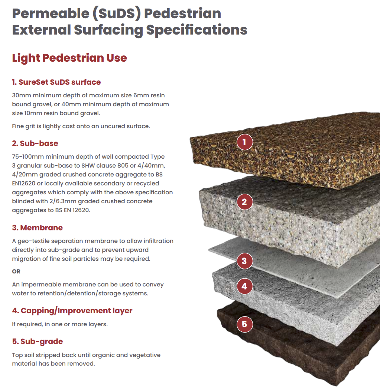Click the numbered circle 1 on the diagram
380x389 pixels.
[x=244, y=142]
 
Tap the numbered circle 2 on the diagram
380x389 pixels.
[x=244, y=202]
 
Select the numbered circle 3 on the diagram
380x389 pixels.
[x=244, y=261]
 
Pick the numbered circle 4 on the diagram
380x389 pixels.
[x=244, y=286]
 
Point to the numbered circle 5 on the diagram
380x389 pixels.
[x=244, y=324]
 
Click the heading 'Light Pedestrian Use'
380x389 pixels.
[x=69, y=58]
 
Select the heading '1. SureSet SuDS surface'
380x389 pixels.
[x=56, y=82]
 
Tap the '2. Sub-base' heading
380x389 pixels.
[x=35, y=143]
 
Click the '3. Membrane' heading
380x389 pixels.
[x=37, y=228]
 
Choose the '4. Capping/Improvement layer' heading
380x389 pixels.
[x=72, y=311]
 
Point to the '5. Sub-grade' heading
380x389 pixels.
[x=38, y=341]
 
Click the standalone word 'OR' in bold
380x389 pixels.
[x=16, y=271]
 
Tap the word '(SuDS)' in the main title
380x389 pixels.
[x=117, y=14]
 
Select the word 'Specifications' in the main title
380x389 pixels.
[x=197, y=30]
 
